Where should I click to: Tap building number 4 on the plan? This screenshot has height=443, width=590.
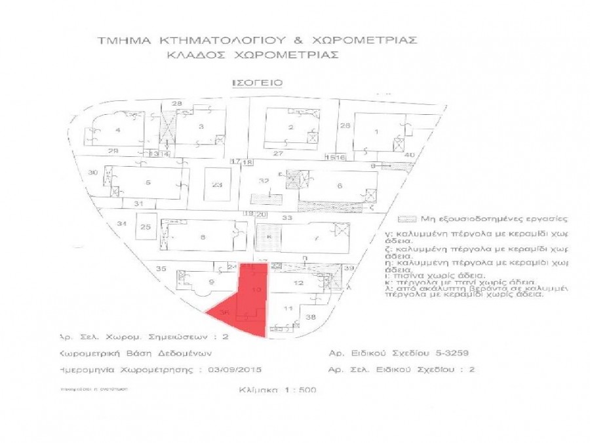118,130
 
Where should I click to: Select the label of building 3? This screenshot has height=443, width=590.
201,126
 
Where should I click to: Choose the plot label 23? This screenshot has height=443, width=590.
218,185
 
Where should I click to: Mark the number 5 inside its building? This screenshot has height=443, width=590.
148,182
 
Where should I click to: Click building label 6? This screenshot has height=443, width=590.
340,186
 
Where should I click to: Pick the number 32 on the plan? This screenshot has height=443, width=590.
264,180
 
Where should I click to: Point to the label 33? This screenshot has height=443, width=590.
286,217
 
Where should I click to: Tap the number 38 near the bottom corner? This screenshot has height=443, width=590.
311,317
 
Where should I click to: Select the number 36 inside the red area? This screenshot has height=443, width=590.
226,313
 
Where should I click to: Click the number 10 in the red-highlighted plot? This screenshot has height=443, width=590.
257,289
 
